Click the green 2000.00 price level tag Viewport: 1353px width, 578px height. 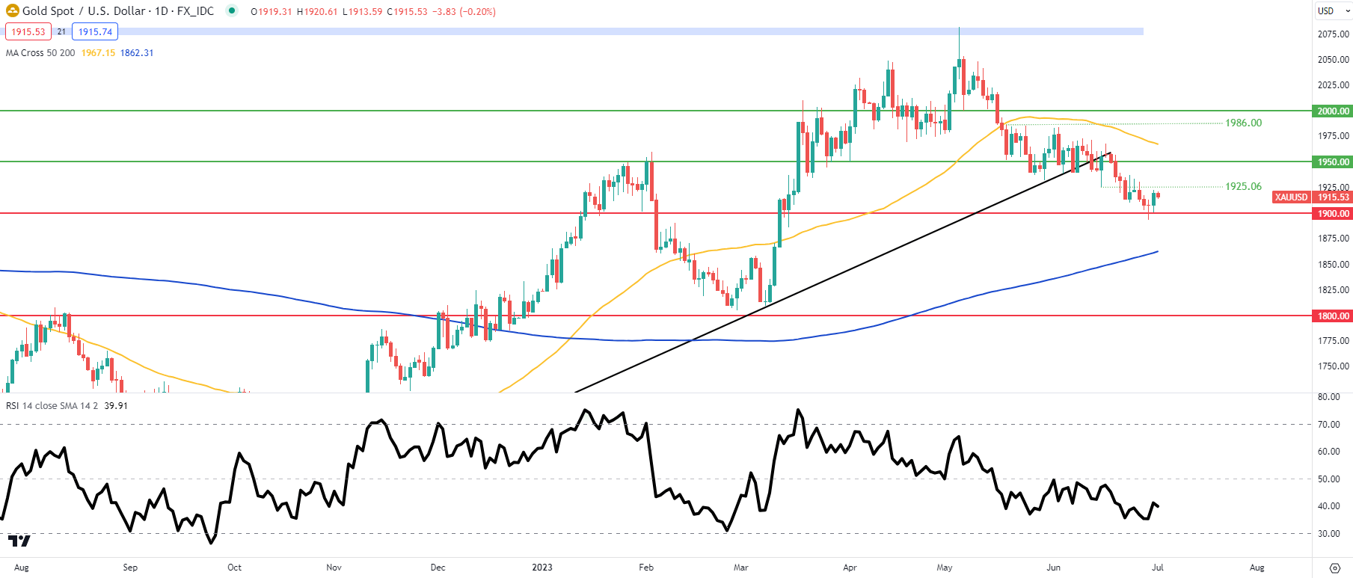point(1333,111)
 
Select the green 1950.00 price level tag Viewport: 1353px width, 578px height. point(1333,162)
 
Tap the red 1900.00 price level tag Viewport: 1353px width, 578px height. point(1333,214)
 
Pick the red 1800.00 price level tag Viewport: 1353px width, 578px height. point(1333,316)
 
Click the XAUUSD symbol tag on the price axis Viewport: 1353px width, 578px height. point(1291,197)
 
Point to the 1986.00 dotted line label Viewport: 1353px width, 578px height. point(1243,123)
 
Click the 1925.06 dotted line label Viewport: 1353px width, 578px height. point(1243,187)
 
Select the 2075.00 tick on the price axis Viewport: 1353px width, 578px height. point(1333,34)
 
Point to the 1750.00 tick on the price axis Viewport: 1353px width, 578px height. point(1333,367)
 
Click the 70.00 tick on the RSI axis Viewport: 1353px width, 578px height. point(1328,425)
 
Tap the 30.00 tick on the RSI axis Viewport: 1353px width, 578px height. point(1328,534)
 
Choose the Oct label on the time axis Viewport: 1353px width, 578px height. point(234,568)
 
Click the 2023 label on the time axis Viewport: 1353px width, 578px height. point(542,568)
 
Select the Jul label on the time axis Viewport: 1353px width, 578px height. point(1157,568)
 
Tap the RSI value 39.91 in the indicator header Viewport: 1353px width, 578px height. point(116,406)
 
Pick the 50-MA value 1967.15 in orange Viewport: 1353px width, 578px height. point(98,53)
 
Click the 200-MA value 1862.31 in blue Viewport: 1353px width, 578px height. point(137,53)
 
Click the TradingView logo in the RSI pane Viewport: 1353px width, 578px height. point(19,541)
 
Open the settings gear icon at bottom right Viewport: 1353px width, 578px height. point(1334,568)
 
